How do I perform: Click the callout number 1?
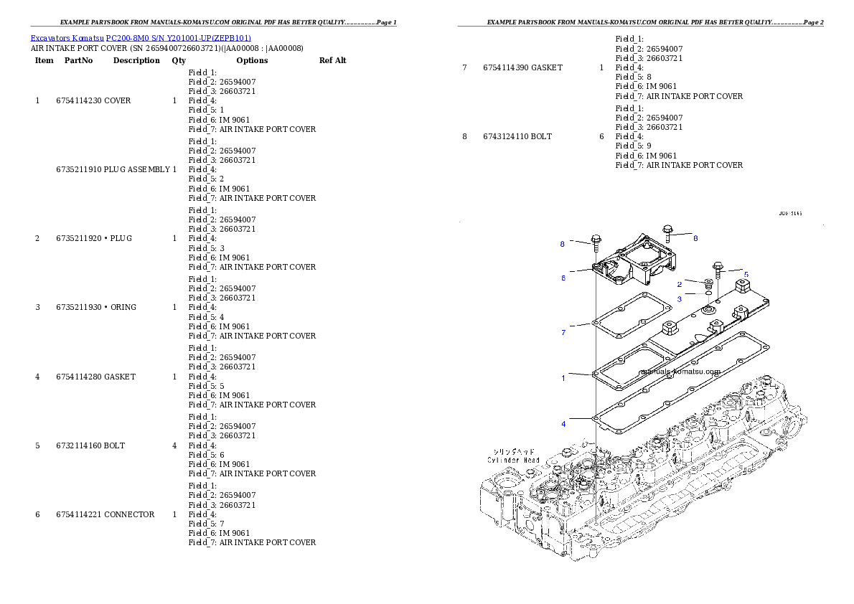coord(563,378)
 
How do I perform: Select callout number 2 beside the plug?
coord(680,285)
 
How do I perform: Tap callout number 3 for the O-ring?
coord(680,299)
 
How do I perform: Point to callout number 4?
coord(563,424)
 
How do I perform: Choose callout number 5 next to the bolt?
coord(746,274)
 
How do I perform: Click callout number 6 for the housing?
coord(563,278)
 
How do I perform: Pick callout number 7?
coord(563,332)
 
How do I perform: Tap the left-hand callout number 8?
coord(563,244)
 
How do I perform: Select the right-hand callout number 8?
coord(695,237)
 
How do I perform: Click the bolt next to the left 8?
coord(596,242)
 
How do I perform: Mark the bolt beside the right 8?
coord(668,232)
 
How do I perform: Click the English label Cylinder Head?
coord(513,460)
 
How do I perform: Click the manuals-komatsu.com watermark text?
coord(679,372)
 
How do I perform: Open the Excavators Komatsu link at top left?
coord(67,38)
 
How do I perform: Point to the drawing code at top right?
coord(790,213)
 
